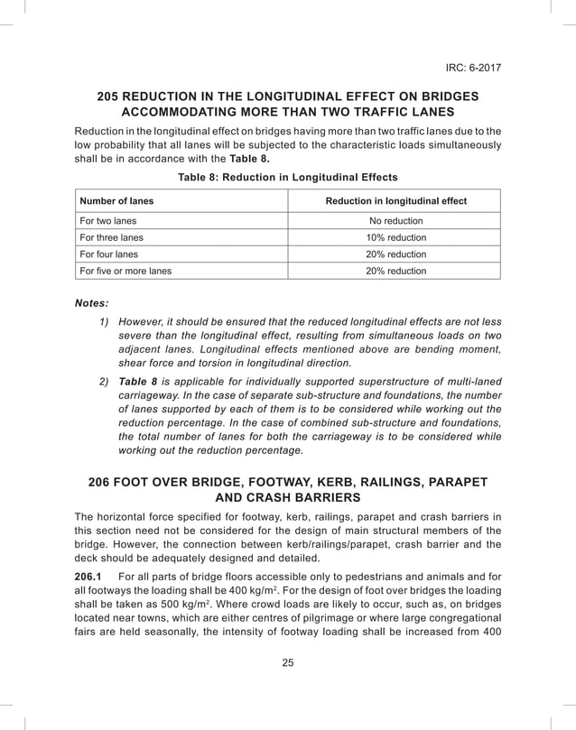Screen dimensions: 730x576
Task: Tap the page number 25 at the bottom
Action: pyautogui.click(x=288, y=663)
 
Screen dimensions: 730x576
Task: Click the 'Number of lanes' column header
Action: pyautogui.click(x=117, y=201)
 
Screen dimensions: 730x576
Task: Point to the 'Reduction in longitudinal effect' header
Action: pyautogui.click(x=395, y=201)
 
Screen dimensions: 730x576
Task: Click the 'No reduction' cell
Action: pyautogui.click(x=395, y=221)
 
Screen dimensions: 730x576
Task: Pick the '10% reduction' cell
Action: pyautogui.click(x=395, y=237)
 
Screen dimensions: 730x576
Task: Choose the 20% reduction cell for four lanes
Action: pyautogui.click(x=395, y=254)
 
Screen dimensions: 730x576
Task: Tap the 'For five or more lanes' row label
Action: pyautogui.click(x=126, y=271)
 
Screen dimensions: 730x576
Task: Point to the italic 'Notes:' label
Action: pyautogui.click(x=91, y=304)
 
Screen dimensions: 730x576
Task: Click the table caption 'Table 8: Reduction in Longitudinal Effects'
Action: pyautogui.click(x=287, y=177)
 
